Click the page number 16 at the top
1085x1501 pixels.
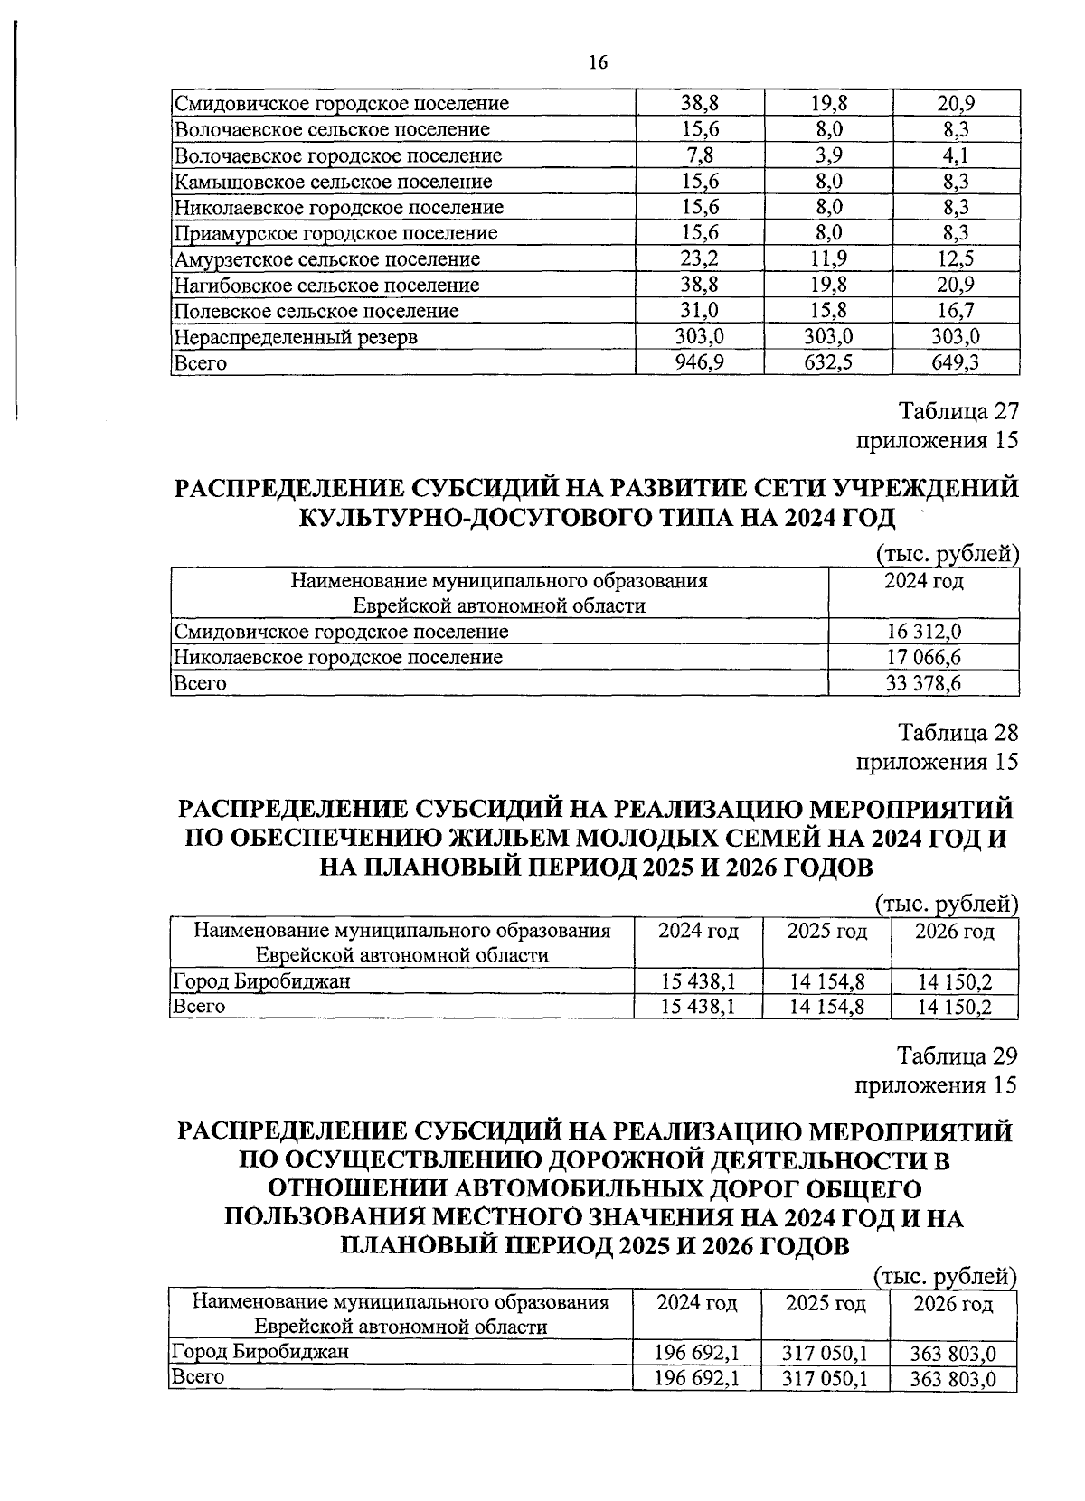coord(598,62)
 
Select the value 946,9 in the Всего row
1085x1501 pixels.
coord(700,363)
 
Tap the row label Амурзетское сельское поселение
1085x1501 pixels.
coord(326,259)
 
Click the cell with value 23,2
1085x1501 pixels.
coord(700,259)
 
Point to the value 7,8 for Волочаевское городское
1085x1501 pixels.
coord(700,155)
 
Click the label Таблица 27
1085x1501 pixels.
coord(958,411)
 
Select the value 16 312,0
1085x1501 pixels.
coord(923,631)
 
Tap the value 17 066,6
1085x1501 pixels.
coord(923,657)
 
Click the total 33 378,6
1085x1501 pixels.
coord(923,683)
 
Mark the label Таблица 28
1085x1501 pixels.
coord(958,731)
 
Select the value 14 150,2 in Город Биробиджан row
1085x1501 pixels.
coord(954,981)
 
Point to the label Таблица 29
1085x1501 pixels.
coord(958,1055)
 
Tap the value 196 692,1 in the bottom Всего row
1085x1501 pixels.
coord(697,1378)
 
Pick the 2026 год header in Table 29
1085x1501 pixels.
coord(953,1304)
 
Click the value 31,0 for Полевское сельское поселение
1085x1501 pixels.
coord(700,311)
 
